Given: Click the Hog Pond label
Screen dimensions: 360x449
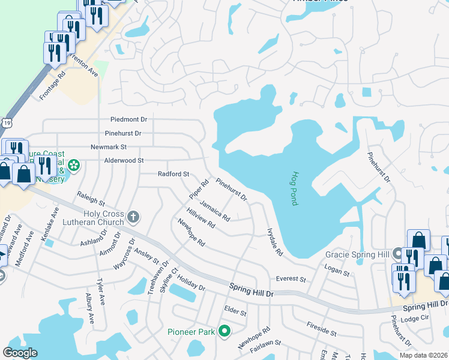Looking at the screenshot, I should click(294, 189).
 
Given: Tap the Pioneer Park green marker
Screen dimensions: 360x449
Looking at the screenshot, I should click(224, 330).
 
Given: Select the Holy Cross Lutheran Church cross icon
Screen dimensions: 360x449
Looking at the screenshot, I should click(133, 215).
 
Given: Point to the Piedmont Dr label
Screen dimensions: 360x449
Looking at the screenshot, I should click(128, 120).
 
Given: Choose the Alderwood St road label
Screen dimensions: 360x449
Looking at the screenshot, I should click(124, 161).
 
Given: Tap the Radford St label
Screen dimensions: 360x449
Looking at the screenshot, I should click(173, 174).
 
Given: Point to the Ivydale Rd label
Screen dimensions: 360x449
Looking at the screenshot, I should click(275, 242).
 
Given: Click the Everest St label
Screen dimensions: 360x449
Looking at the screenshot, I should click(291, 280).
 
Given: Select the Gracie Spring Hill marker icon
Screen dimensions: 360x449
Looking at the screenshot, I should click(397, 253).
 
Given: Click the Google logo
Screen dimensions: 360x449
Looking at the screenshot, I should click(20, 353).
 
